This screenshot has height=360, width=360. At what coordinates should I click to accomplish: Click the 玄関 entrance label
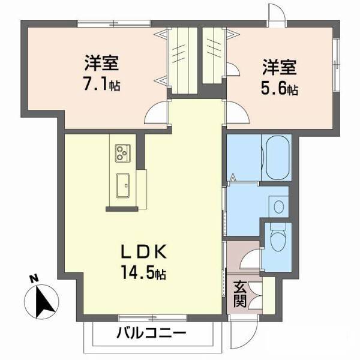[239, 294]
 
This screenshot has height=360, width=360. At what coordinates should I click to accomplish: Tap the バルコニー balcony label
[152, 333]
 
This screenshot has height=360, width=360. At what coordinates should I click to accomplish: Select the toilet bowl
[277, 240]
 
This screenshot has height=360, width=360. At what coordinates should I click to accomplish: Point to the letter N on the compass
[35, 278]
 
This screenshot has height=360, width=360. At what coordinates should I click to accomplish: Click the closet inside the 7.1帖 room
[184, 57]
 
